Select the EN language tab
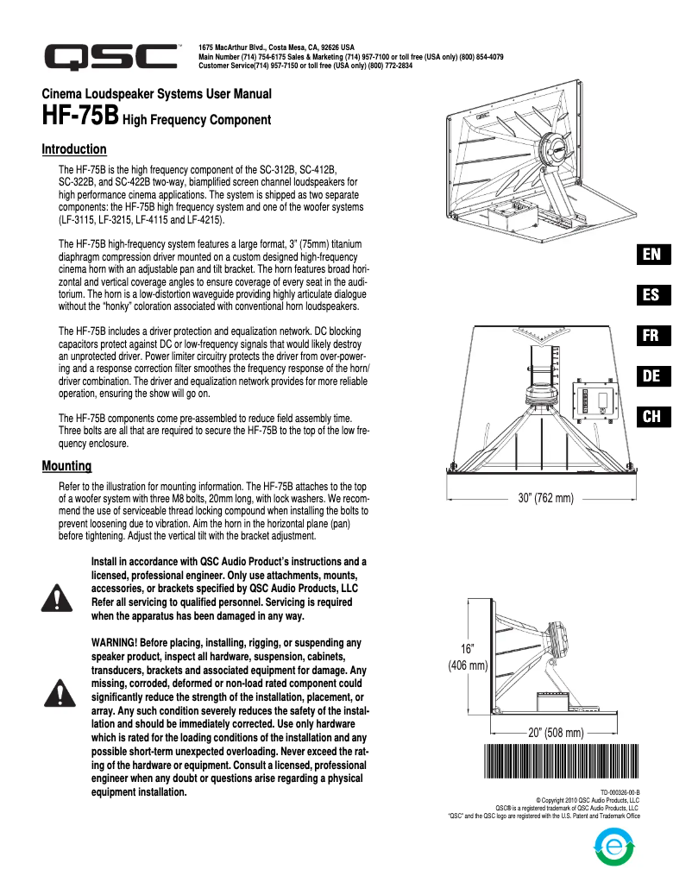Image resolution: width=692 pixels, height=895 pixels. [651, 254]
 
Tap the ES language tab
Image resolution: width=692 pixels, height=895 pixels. [651, 294]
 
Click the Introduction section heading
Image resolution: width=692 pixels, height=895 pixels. [74, 149]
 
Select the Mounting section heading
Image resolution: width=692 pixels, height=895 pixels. [66, 466]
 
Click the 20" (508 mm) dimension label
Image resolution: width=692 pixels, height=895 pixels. [557, 733]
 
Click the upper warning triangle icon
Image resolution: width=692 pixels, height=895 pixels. [56, 596]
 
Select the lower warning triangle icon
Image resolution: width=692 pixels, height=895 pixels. [56, 691]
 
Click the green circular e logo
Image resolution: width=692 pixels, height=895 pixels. [614, 847]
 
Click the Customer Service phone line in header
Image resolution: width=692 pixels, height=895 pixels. [305, 66]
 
